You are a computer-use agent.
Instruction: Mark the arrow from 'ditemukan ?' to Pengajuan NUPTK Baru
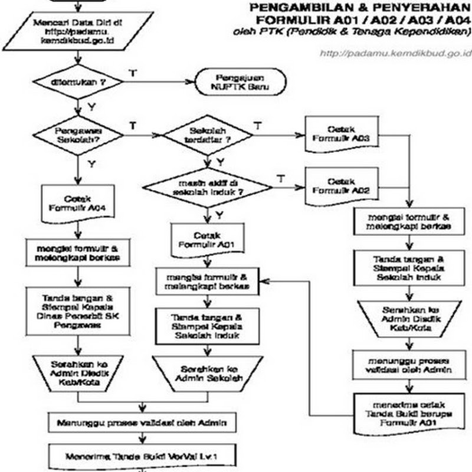tap(159, 84)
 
